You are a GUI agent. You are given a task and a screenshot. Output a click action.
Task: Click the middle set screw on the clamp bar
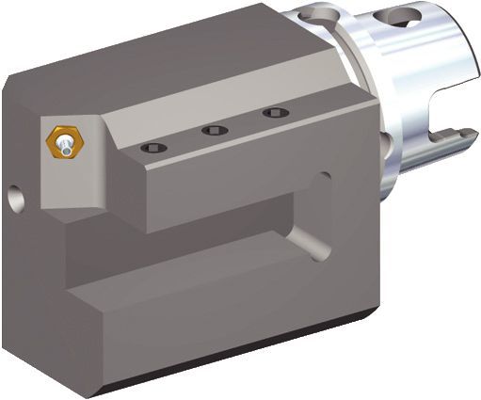(x=215, y=131)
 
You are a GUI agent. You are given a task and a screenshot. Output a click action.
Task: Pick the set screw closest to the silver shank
(x=274, y=114)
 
